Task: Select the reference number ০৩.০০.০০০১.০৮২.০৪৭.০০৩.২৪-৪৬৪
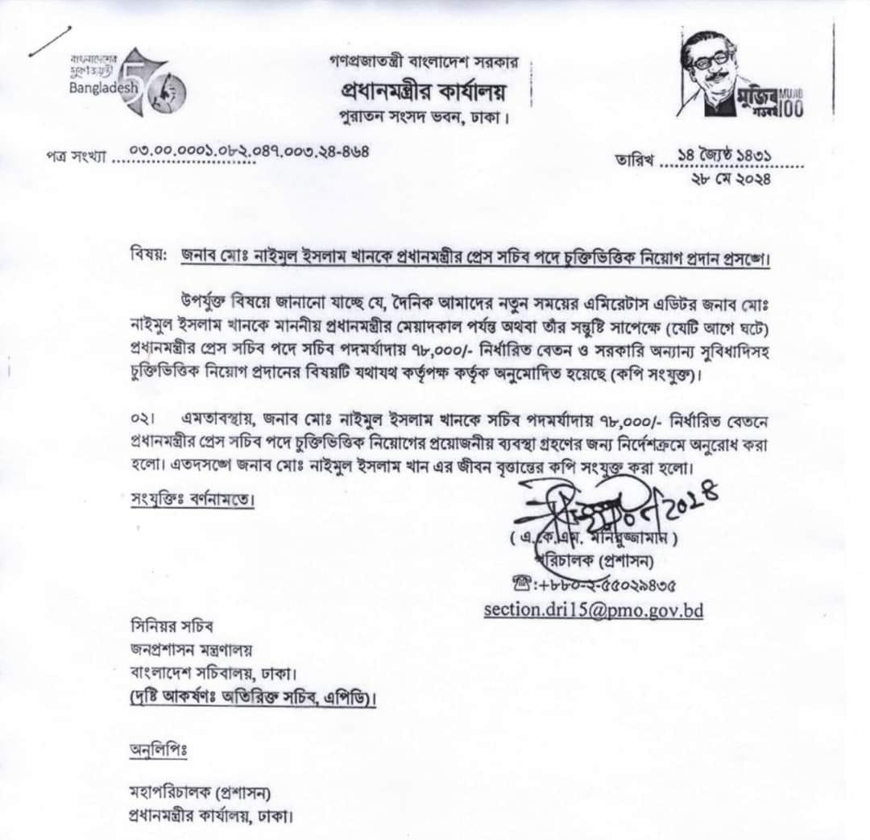pos(249,151)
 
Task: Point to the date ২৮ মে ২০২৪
pos(731,179)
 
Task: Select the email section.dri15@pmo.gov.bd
pos(593,609)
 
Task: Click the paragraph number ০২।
pos(141,420)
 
